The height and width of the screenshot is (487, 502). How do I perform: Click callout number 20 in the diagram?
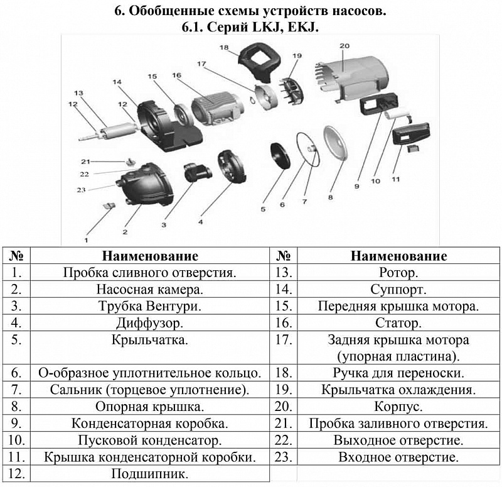tap(343, 46)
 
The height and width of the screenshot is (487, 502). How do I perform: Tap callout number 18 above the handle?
tap(224, 47)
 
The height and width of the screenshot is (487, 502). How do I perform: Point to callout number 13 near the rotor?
tap(78, 92)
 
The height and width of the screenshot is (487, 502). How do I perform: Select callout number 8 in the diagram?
tap(330, 196)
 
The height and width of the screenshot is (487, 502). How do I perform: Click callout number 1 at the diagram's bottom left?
tap(87, 239)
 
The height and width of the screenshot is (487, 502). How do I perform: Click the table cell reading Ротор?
tap(398, 273)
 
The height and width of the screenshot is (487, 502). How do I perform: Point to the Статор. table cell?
tap(398, 323)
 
